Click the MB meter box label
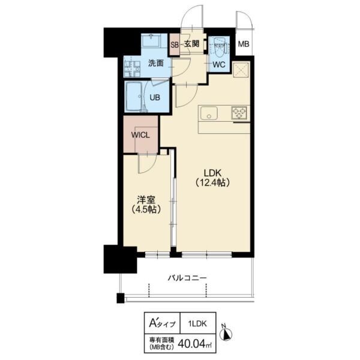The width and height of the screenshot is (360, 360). [x=244, y=44]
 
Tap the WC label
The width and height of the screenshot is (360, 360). [x=219, y=65]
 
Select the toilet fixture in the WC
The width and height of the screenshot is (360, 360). [x=220, y=46]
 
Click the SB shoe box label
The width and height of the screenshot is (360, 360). [x=175, y=45]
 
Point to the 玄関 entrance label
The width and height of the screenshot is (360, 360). [x=192, y=44]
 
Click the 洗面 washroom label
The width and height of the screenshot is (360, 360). [x=155, y=63]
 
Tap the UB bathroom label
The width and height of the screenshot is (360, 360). [x=155, y=97]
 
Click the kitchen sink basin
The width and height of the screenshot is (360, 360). [x=209, y=113]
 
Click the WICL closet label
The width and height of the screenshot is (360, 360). [x=140, y=135]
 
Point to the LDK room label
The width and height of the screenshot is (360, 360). [x=212, y=173]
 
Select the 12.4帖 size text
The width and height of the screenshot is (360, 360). [x=212, y=182]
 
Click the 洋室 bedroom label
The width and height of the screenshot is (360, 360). [x=146, y=200]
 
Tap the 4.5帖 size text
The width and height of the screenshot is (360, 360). [x=146, y=209]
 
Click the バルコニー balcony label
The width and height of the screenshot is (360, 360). [x=187, y=278]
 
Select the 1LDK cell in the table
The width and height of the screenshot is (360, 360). [x=197, y=324]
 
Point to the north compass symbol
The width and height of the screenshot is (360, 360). [x=227, y=333]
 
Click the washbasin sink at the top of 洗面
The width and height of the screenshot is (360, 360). [x=151, y=41]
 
